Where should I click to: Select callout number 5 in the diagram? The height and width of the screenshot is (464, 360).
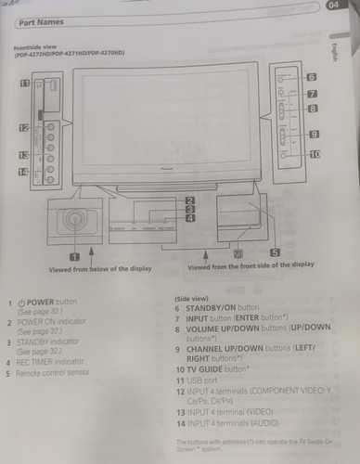point(275,251)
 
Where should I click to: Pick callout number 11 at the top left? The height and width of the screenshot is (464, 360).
point(24,84)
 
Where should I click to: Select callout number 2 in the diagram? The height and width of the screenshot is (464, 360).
point(189,200)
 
